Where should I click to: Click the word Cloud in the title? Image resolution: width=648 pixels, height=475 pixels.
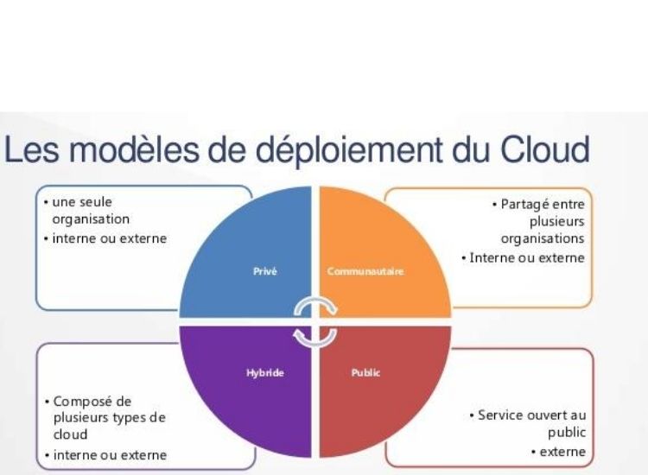pyautogui.click(x=545, y=149)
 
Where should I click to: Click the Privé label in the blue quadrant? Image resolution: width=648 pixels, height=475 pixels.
pyautogui.click(x=265, y=271)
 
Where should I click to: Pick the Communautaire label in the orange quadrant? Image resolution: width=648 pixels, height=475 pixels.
pyautogui.click(x=365, y=271)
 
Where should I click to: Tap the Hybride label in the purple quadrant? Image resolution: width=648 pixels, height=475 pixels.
pyautogui.click(x=265, y=373)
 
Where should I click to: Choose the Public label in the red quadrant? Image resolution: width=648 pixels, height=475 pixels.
pyautogui.click(x=365, y=373)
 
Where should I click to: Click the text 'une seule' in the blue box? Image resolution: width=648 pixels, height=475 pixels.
pyautogui.click(x=82, y=202)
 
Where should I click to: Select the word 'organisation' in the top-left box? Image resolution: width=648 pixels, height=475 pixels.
pyautogui.click(x=91, y=218)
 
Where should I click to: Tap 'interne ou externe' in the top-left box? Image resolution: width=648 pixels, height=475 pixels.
pyautogui.click(x=110, y=238)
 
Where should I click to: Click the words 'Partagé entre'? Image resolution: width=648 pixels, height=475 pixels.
pyautogui.click(x=543, y=204)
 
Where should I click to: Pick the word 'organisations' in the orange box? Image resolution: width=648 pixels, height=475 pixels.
pyautogui.click(x=543, y=238)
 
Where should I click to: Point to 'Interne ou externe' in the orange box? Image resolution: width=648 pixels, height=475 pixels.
pyautogui.click(x=527, y=257)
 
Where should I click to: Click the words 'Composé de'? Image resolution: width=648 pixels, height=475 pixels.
pyautogui.click(x=92, y=402)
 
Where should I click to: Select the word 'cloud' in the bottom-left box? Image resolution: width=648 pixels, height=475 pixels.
pyautogui.click(x=70, y=434)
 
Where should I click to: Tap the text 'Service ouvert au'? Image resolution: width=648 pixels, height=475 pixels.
pyautogui.click(x=532, y=415)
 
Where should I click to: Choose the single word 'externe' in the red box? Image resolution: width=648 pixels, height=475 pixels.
pyautogui.click(x=562, y=452)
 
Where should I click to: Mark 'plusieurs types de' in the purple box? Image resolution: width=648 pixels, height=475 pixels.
pyautogui.click(x=110, y=418)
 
